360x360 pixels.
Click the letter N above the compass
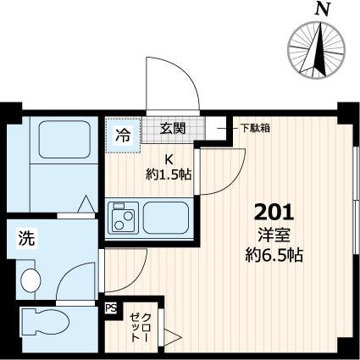click(322, 10)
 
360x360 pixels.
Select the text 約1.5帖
click(167, 174)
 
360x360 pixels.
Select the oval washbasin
click(30, 278)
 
